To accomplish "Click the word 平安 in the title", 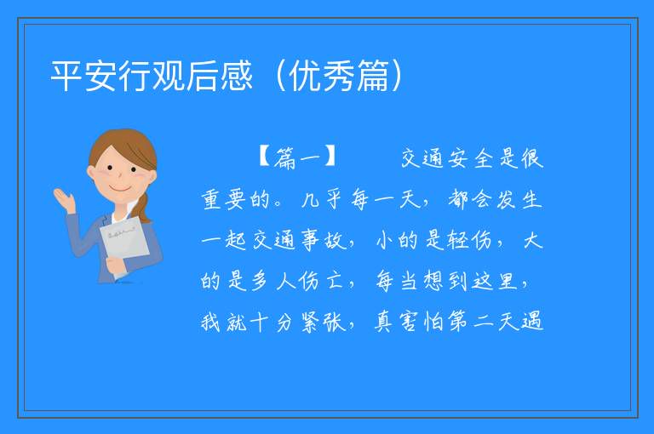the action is point(83,76).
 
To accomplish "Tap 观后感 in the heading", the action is point(203,76).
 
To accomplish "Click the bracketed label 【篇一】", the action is point(297,157).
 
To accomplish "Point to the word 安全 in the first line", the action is point(471,158).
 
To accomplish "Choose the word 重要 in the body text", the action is point(223,199).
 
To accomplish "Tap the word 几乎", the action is point(322,199).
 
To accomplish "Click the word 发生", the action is point(519,199).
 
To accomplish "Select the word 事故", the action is point(322,241).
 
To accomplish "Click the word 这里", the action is point(495,281).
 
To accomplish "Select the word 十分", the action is point(272,322).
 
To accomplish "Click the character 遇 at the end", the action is point(531,322).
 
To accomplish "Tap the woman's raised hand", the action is point(64,199).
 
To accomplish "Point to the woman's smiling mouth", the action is point(121,189).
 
